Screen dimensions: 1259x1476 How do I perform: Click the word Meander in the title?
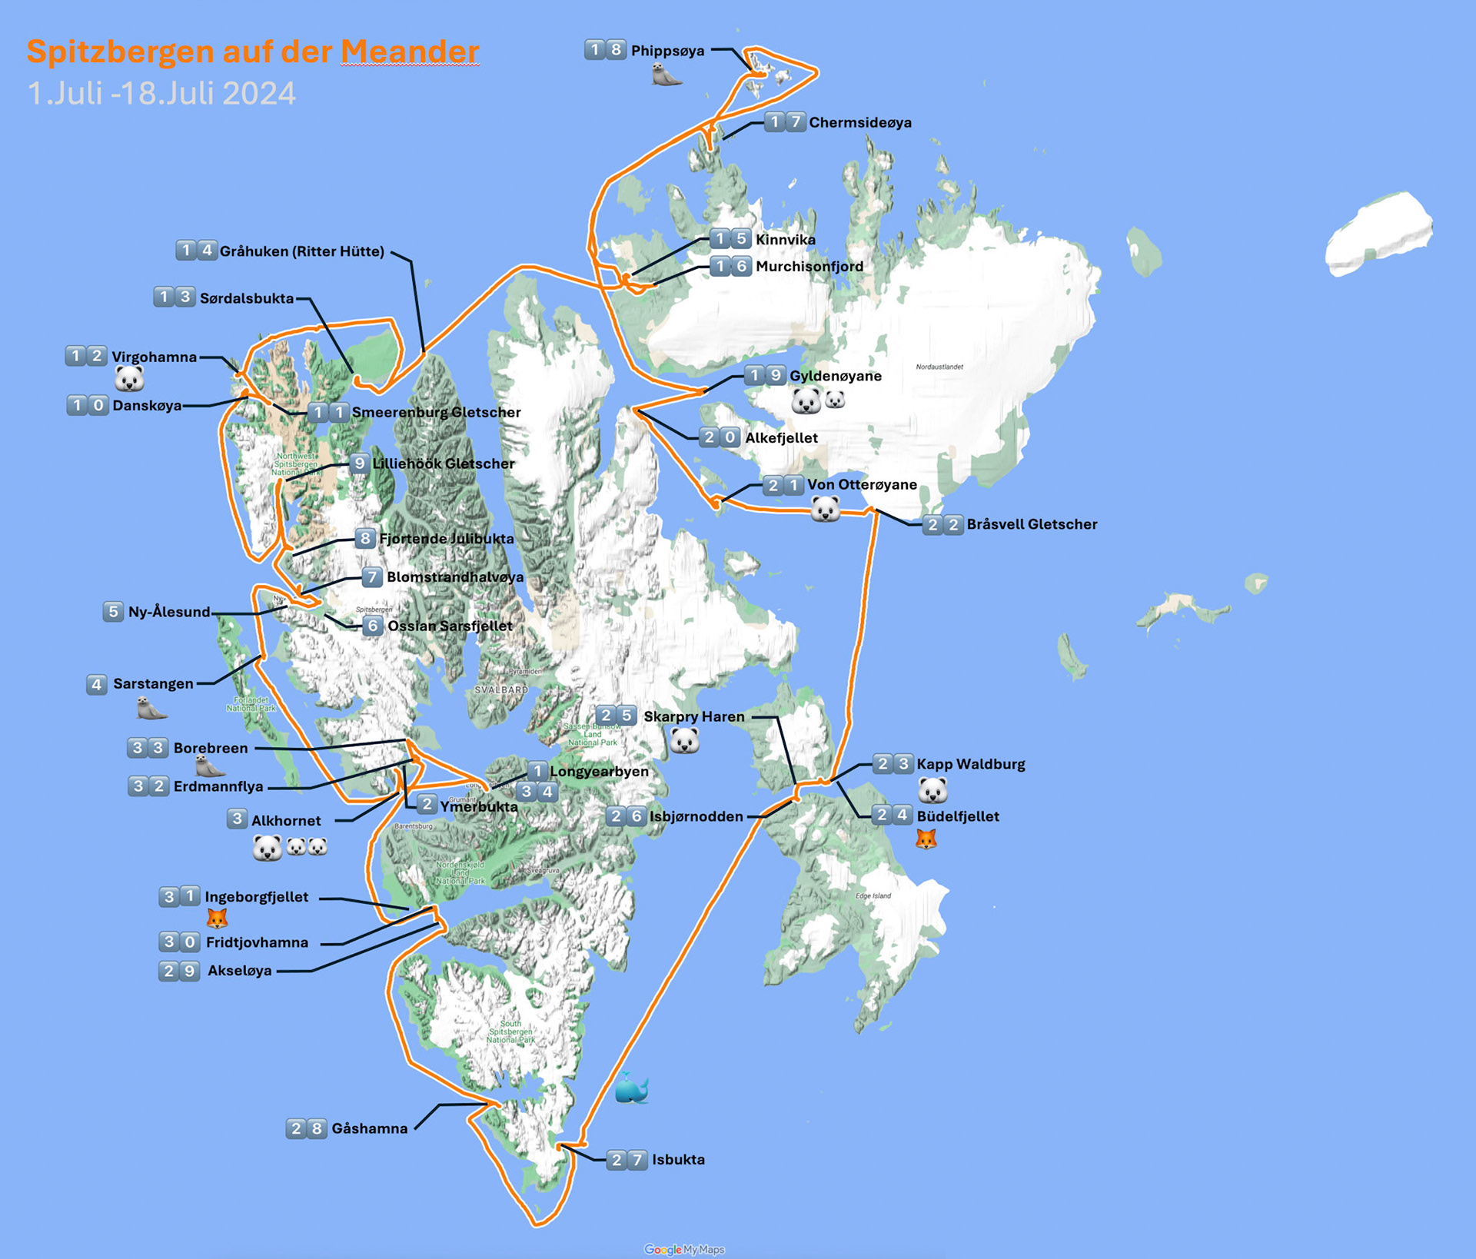[x=410, y=52]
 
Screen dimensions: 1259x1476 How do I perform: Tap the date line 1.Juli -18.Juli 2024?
[x=161, y=94]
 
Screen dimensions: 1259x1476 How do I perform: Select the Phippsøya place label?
[x=667, y=51]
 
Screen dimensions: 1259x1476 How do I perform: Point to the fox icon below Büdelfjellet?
[x=926, y=839]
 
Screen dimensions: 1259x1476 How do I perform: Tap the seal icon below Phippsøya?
[x=667, y=75]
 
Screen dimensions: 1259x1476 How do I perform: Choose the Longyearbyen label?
[x=599, y=771]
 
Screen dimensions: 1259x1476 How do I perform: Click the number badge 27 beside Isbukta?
[x=627, y=1160]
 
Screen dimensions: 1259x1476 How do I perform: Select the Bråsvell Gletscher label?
[x=1032, y=524]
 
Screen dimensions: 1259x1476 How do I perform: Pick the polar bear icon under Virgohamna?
[x=129, y=378]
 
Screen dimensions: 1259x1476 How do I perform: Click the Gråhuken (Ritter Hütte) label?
[x=301, y=251]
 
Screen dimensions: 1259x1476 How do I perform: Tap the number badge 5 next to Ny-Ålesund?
[x=113, y=612]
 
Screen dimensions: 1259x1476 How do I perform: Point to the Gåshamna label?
[x=369, y=1128]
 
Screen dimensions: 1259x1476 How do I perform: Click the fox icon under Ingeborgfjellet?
[x=218, y=918]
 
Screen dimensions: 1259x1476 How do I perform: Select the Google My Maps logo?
[x=684, y=1250]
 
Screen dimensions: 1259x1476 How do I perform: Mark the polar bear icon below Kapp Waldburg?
[x=932, y=789]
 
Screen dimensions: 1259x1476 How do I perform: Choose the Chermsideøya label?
[x=860, y=122]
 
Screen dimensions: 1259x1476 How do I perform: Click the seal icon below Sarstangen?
[x=151, y=708]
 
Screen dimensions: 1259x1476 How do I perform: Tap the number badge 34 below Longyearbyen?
[x=537, y=792]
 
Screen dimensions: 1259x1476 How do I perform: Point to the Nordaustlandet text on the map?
[x=939, y=367]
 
